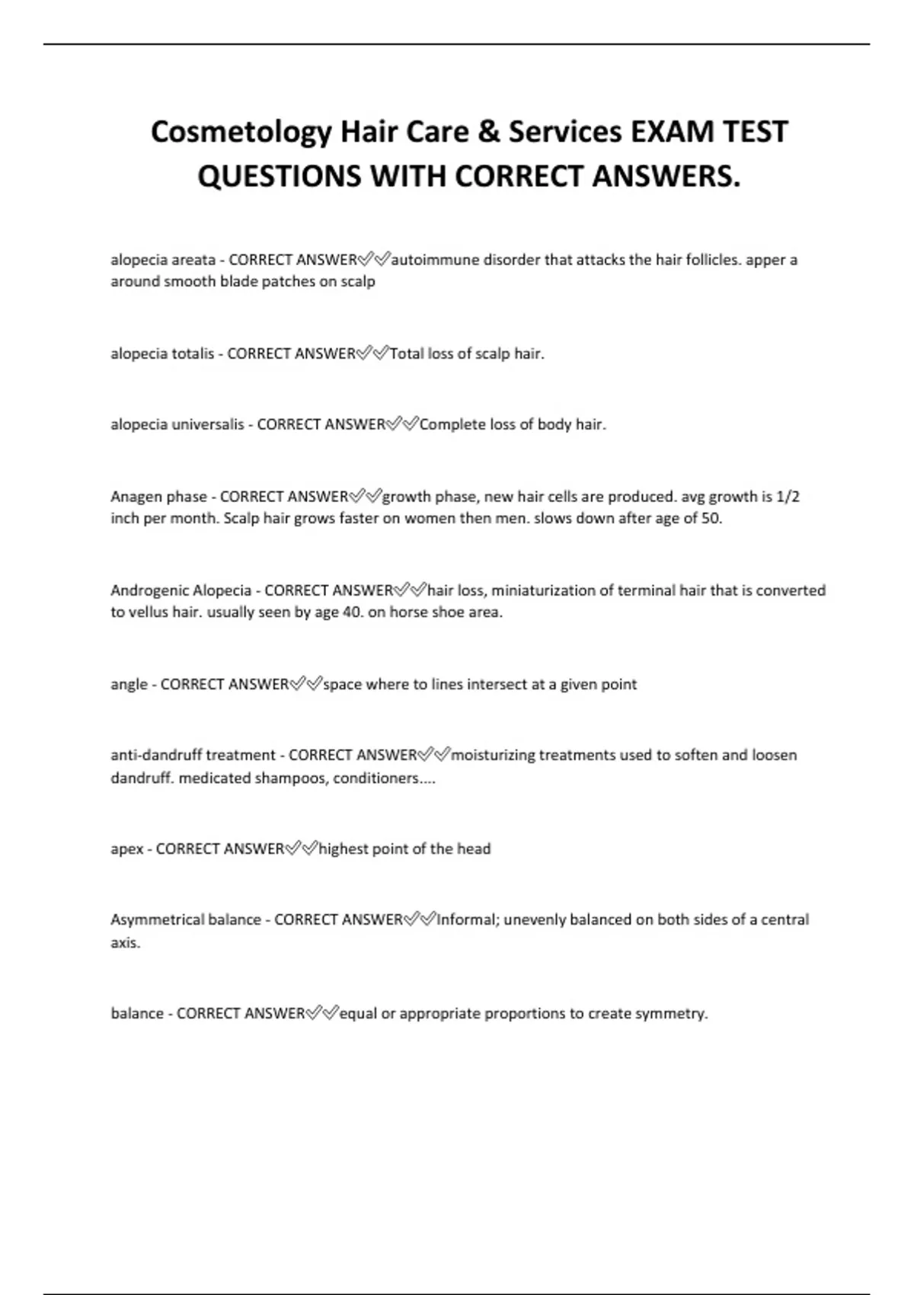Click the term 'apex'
(x=126, y=849)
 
